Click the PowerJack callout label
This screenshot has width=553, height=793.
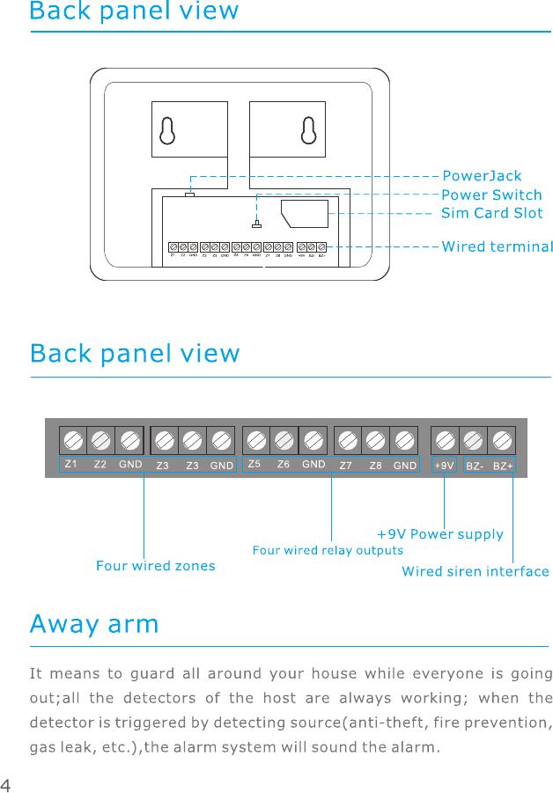pos(481,176)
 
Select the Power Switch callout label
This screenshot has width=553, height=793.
pos(490,195)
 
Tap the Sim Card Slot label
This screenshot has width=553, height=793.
pos(491,213)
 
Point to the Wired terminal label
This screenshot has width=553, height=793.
pos(497,246)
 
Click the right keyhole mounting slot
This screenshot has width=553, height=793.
pos(307,129)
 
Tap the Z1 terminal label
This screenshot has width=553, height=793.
pos(71,464)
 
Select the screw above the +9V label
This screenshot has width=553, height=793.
pos(446,440)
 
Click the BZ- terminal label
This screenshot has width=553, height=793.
pos(475,465)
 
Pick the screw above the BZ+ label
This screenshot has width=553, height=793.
pos(502,440)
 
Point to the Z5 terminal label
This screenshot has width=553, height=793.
pos(254,464)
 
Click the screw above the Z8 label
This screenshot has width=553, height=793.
pos(377,440)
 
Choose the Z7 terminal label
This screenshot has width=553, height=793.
pos(346,465)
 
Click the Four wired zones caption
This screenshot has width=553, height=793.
pos(156,566)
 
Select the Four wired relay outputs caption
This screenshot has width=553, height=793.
pos(328,550)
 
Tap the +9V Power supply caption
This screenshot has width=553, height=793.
pos(440,534)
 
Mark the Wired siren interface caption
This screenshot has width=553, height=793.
pos(476,572)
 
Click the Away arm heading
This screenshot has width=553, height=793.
pos(94,625)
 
